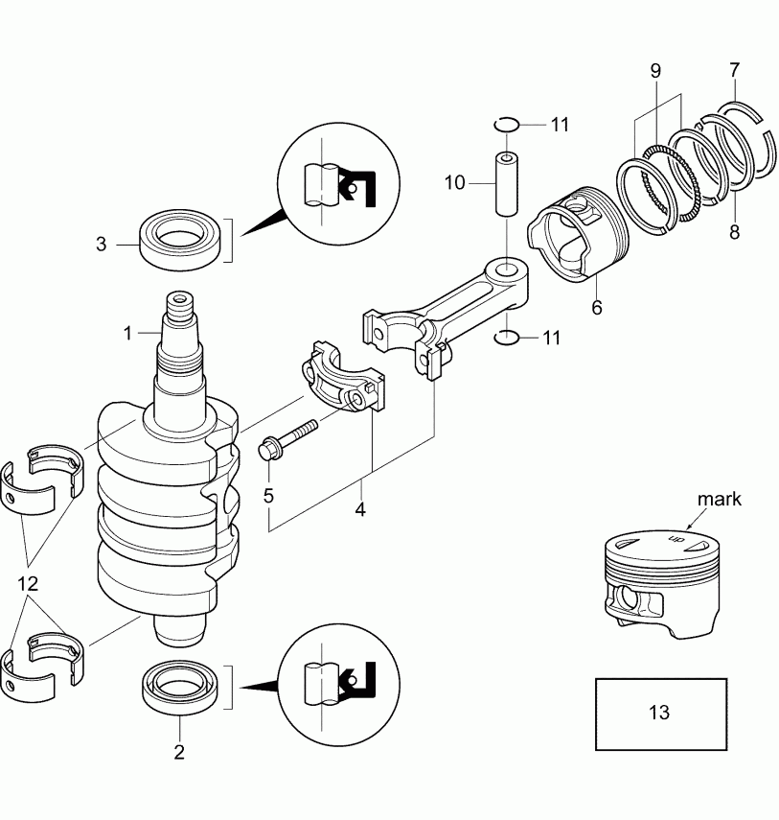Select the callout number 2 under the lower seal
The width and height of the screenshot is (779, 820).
pyautogui.click(x=178, y=752)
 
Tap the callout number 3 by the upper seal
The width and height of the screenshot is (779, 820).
pyautogui.click(x=102, y=244)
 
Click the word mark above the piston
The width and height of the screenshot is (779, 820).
pyautogui.click(x=719, y=500)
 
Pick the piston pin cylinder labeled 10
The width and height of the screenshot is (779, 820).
pyautogui.click(x=506, y=183)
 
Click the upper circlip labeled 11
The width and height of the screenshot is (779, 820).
pyautogui.click(x=507, y=124)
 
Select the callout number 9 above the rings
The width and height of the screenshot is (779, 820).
pyautogui.click(x=655, y=71)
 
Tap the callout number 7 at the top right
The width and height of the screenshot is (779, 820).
pyautogui.click(x=734, y=70)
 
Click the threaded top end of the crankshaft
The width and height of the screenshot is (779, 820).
pyautogui.click(x=180, y=308)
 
